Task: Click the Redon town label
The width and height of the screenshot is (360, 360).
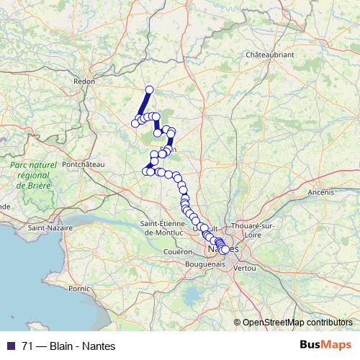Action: [86, 82]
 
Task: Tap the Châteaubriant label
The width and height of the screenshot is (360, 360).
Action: [269, 55]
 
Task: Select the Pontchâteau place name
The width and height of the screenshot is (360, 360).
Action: [84, 164]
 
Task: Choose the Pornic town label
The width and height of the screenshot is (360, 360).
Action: [78, 288]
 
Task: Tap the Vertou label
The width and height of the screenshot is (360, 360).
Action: [246, 267]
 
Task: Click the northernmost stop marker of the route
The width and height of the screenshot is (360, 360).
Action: [150, 90]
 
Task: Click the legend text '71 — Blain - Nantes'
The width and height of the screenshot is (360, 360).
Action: [69, 346]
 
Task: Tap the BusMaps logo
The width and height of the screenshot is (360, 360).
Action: [326, 345]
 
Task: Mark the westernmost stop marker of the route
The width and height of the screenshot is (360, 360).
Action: [135, 124]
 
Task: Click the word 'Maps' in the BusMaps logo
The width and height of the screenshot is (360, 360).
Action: [336, 345]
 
